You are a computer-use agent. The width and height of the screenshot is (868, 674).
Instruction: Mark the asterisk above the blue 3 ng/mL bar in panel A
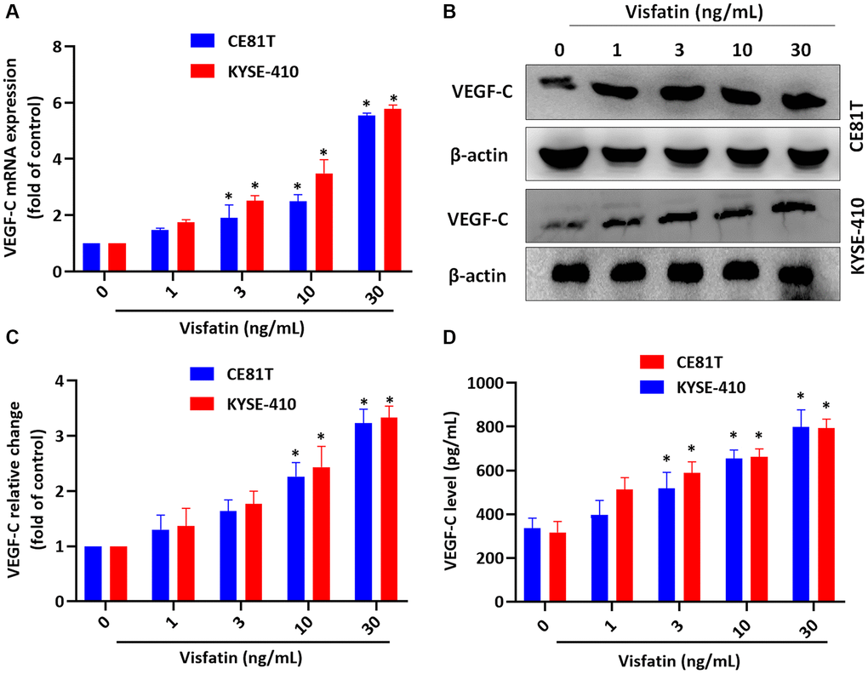click(227, 197)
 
